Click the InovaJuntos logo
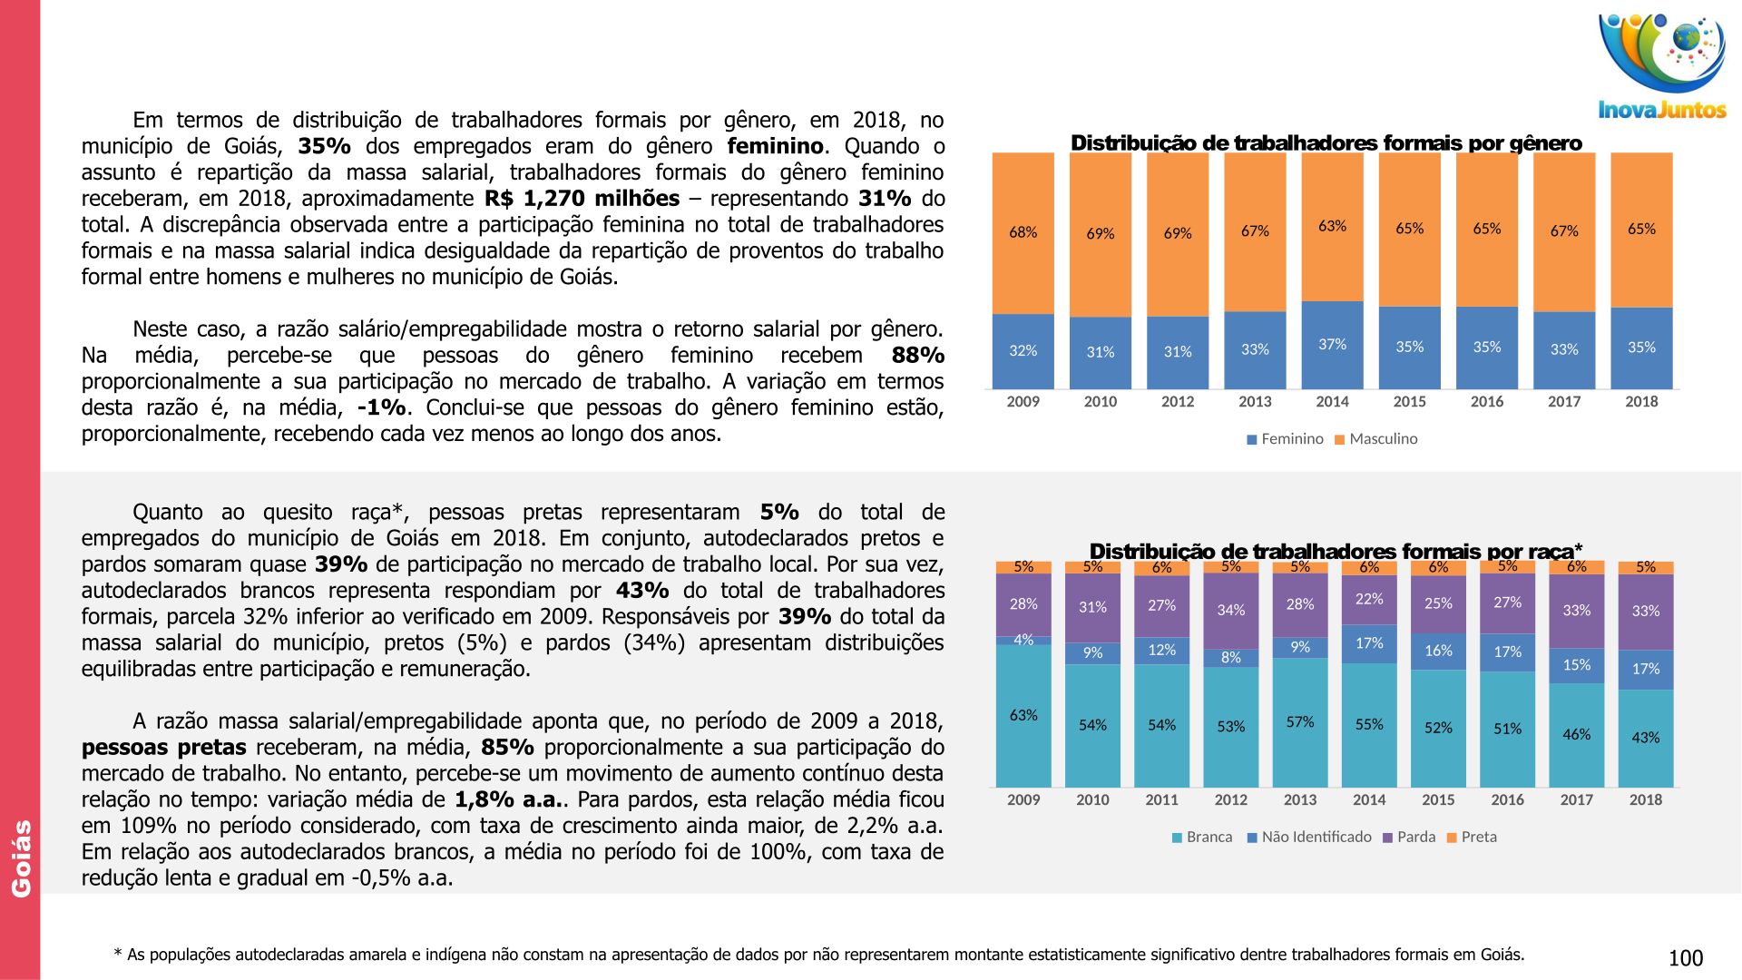[x=1661, y=68]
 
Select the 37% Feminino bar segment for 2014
[x=1332, y=345]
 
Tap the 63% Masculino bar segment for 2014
[x=1332, y=226]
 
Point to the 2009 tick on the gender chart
[x=1023, y=402]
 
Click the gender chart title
[x=1326, y=143]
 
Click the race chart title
[x=1335, y=551]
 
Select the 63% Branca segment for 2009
[x=1023, y=715]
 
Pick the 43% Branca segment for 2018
[x=1645, y=738]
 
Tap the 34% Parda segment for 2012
[x=1230, y=610]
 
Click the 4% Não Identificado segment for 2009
[x=1023, y=640]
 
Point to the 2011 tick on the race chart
[x=1161, y=800]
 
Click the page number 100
[x=1685, y=958]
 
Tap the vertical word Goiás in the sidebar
[x=21, y=858]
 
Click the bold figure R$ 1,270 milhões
[x=582, y=199]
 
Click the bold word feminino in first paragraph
[x=776, y=146]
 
